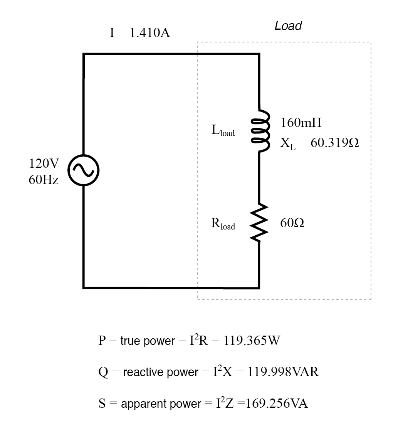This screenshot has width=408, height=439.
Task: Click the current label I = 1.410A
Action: [140, 33]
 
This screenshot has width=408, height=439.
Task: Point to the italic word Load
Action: [288, 26]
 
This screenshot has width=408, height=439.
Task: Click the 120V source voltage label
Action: [44, 164]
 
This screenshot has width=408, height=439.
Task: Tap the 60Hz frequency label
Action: [44, 180]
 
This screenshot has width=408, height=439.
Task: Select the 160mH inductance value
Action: [301, 123]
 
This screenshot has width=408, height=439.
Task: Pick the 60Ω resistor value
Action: [292, 223]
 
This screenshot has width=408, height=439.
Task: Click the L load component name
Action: [223, 131]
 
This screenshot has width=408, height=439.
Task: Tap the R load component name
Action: [223, 224]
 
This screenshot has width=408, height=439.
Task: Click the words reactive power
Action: [160, 373]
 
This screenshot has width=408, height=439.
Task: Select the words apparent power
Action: [161, 404]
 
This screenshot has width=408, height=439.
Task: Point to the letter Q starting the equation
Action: [103, 373]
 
